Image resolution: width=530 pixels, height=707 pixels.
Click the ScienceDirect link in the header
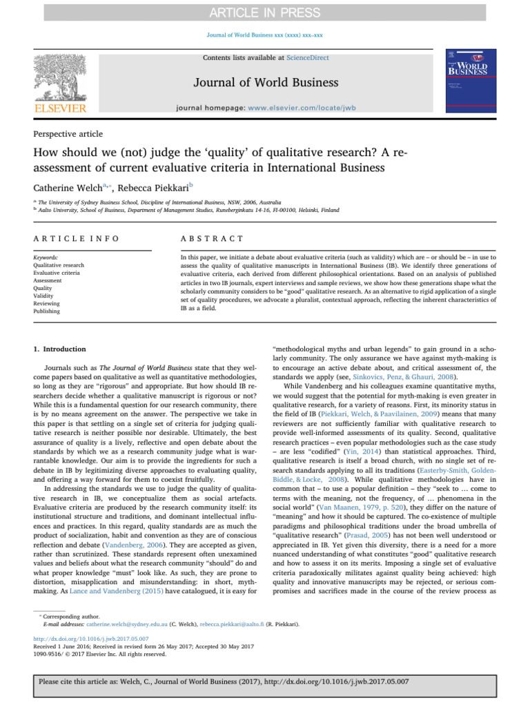(x=309, y=57)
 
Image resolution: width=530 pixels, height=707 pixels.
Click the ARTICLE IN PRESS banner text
(x=264, y=12)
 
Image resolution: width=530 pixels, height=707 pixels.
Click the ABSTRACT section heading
(x=211, y=238)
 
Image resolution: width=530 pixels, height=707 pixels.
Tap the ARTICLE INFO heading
(x=76, y=238)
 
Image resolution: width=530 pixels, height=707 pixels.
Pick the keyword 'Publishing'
(x=46, y=311)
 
